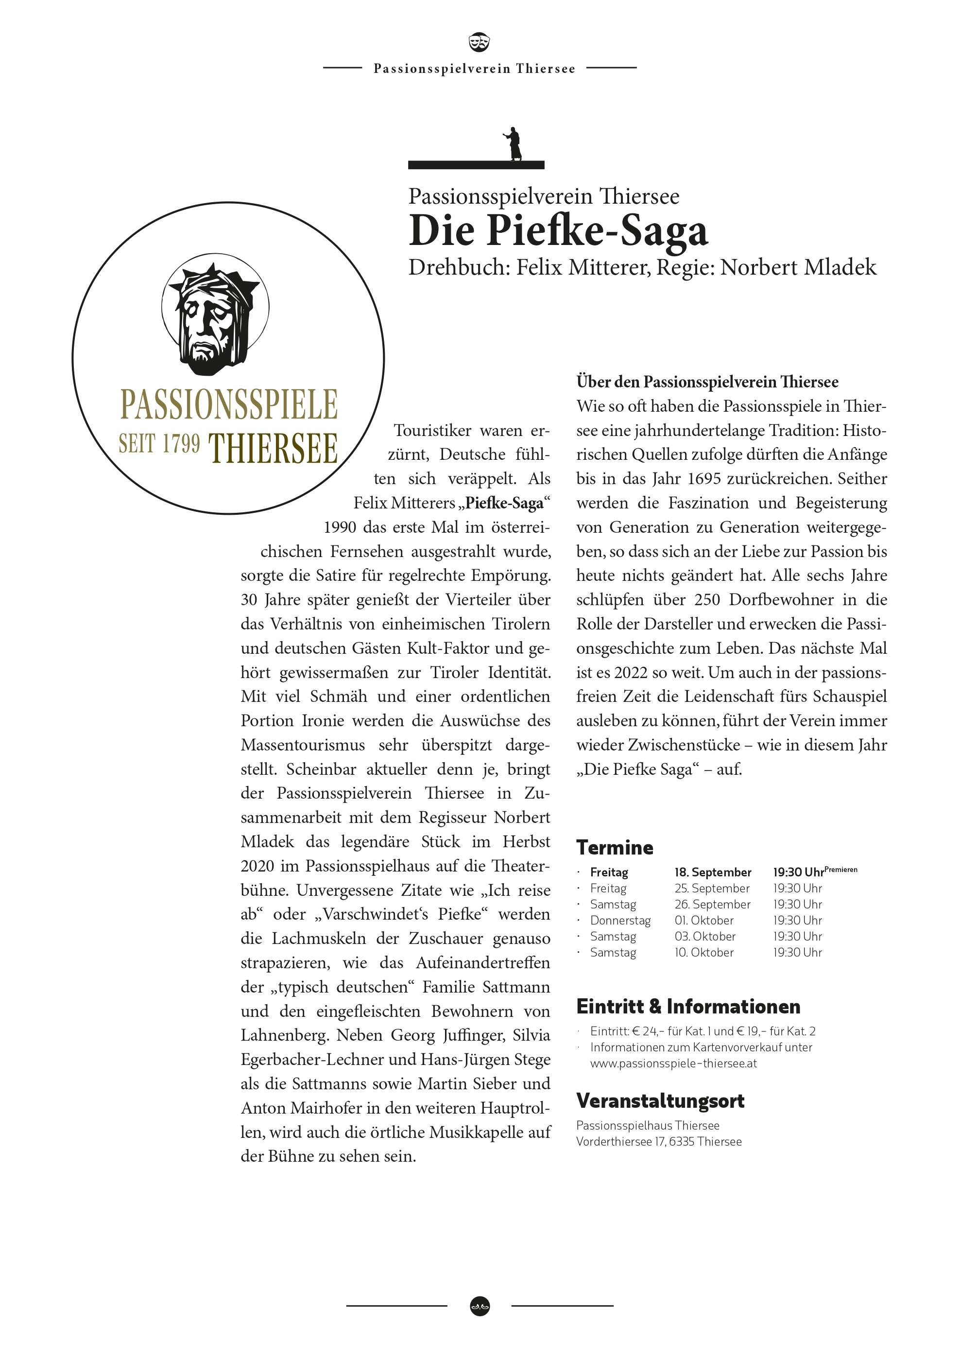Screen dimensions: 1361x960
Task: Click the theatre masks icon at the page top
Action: click(x=479, y=41)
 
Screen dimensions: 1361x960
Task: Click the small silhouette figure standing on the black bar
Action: click(x=513, y=143)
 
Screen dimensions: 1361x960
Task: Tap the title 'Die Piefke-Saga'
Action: click(x=558, y=230)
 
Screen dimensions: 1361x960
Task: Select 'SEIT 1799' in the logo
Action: click(x=159, y=444)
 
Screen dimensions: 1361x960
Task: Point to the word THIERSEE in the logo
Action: click(x=273, y=448)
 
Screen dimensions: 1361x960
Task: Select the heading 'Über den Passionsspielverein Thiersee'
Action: click(x=707, y=382)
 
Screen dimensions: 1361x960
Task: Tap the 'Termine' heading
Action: click(x=615, y=848)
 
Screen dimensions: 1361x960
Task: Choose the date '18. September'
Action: click(x=712, y=872)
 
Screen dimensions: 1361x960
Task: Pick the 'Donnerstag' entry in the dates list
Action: click(x=620, y=920)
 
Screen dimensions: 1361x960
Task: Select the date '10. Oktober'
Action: click(x=704, y=952)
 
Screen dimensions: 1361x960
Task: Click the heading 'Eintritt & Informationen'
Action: click(x=688, y=1007)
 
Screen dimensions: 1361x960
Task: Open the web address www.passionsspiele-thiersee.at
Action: click(x=673, y=1063)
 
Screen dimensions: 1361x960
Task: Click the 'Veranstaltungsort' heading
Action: click(x=660, y=1101)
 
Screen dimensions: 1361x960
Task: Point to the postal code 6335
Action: click(x=682, y=1141)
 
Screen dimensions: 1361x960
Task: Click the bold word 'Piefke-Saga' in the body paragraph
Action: click(x=504, y=503)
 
